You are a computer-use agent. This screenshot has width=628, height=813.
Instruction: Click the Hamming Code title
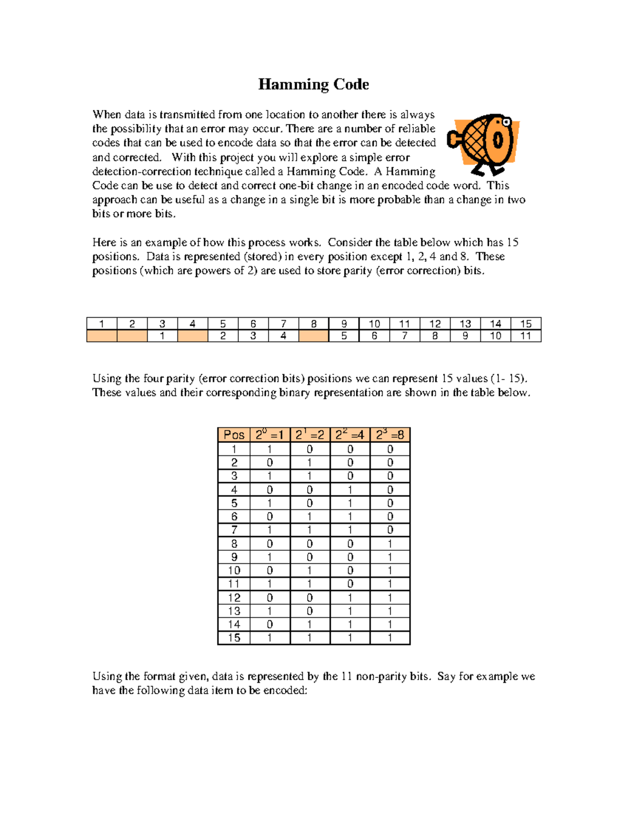313,84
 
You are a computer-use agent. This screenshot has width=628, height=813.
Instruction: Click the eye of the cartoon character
506,122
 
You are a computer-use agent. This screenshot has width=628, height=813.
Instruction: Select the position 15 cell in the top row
526,324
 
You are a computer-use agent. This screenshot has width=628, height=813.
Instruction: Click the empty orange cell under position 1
102,336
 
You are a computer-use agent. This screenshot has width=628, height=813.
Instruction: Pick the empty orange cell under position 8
313,336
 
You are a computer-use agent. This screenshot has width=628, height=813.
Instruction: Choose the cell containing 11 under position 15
526,336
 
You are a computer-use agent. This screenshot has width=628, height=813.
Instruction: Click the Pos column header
234,435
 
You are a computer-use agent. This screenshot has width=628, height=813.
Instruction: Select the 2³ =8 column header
390,435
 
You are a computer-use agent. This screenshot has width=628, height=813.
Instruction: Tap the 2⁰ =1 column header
270,435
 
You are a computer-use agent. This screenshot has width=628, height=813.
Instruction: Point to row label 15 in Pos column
234,638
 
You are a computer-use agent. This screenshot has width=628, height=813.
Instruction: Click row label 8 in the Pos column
234,543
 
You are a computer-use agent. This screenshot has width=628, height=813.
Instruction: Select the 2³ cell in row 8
390,543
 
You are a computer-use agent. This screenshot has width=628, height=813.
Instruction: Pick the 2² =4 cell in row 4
350,489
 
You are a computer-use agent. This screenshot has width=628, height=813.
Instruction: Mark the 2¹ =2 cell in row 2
309,462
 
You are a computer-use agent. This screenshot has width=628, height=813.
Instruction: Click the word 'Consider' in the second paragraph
350,242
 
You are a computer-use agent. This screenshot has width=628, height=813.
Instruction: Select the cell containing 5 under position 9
344,336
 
